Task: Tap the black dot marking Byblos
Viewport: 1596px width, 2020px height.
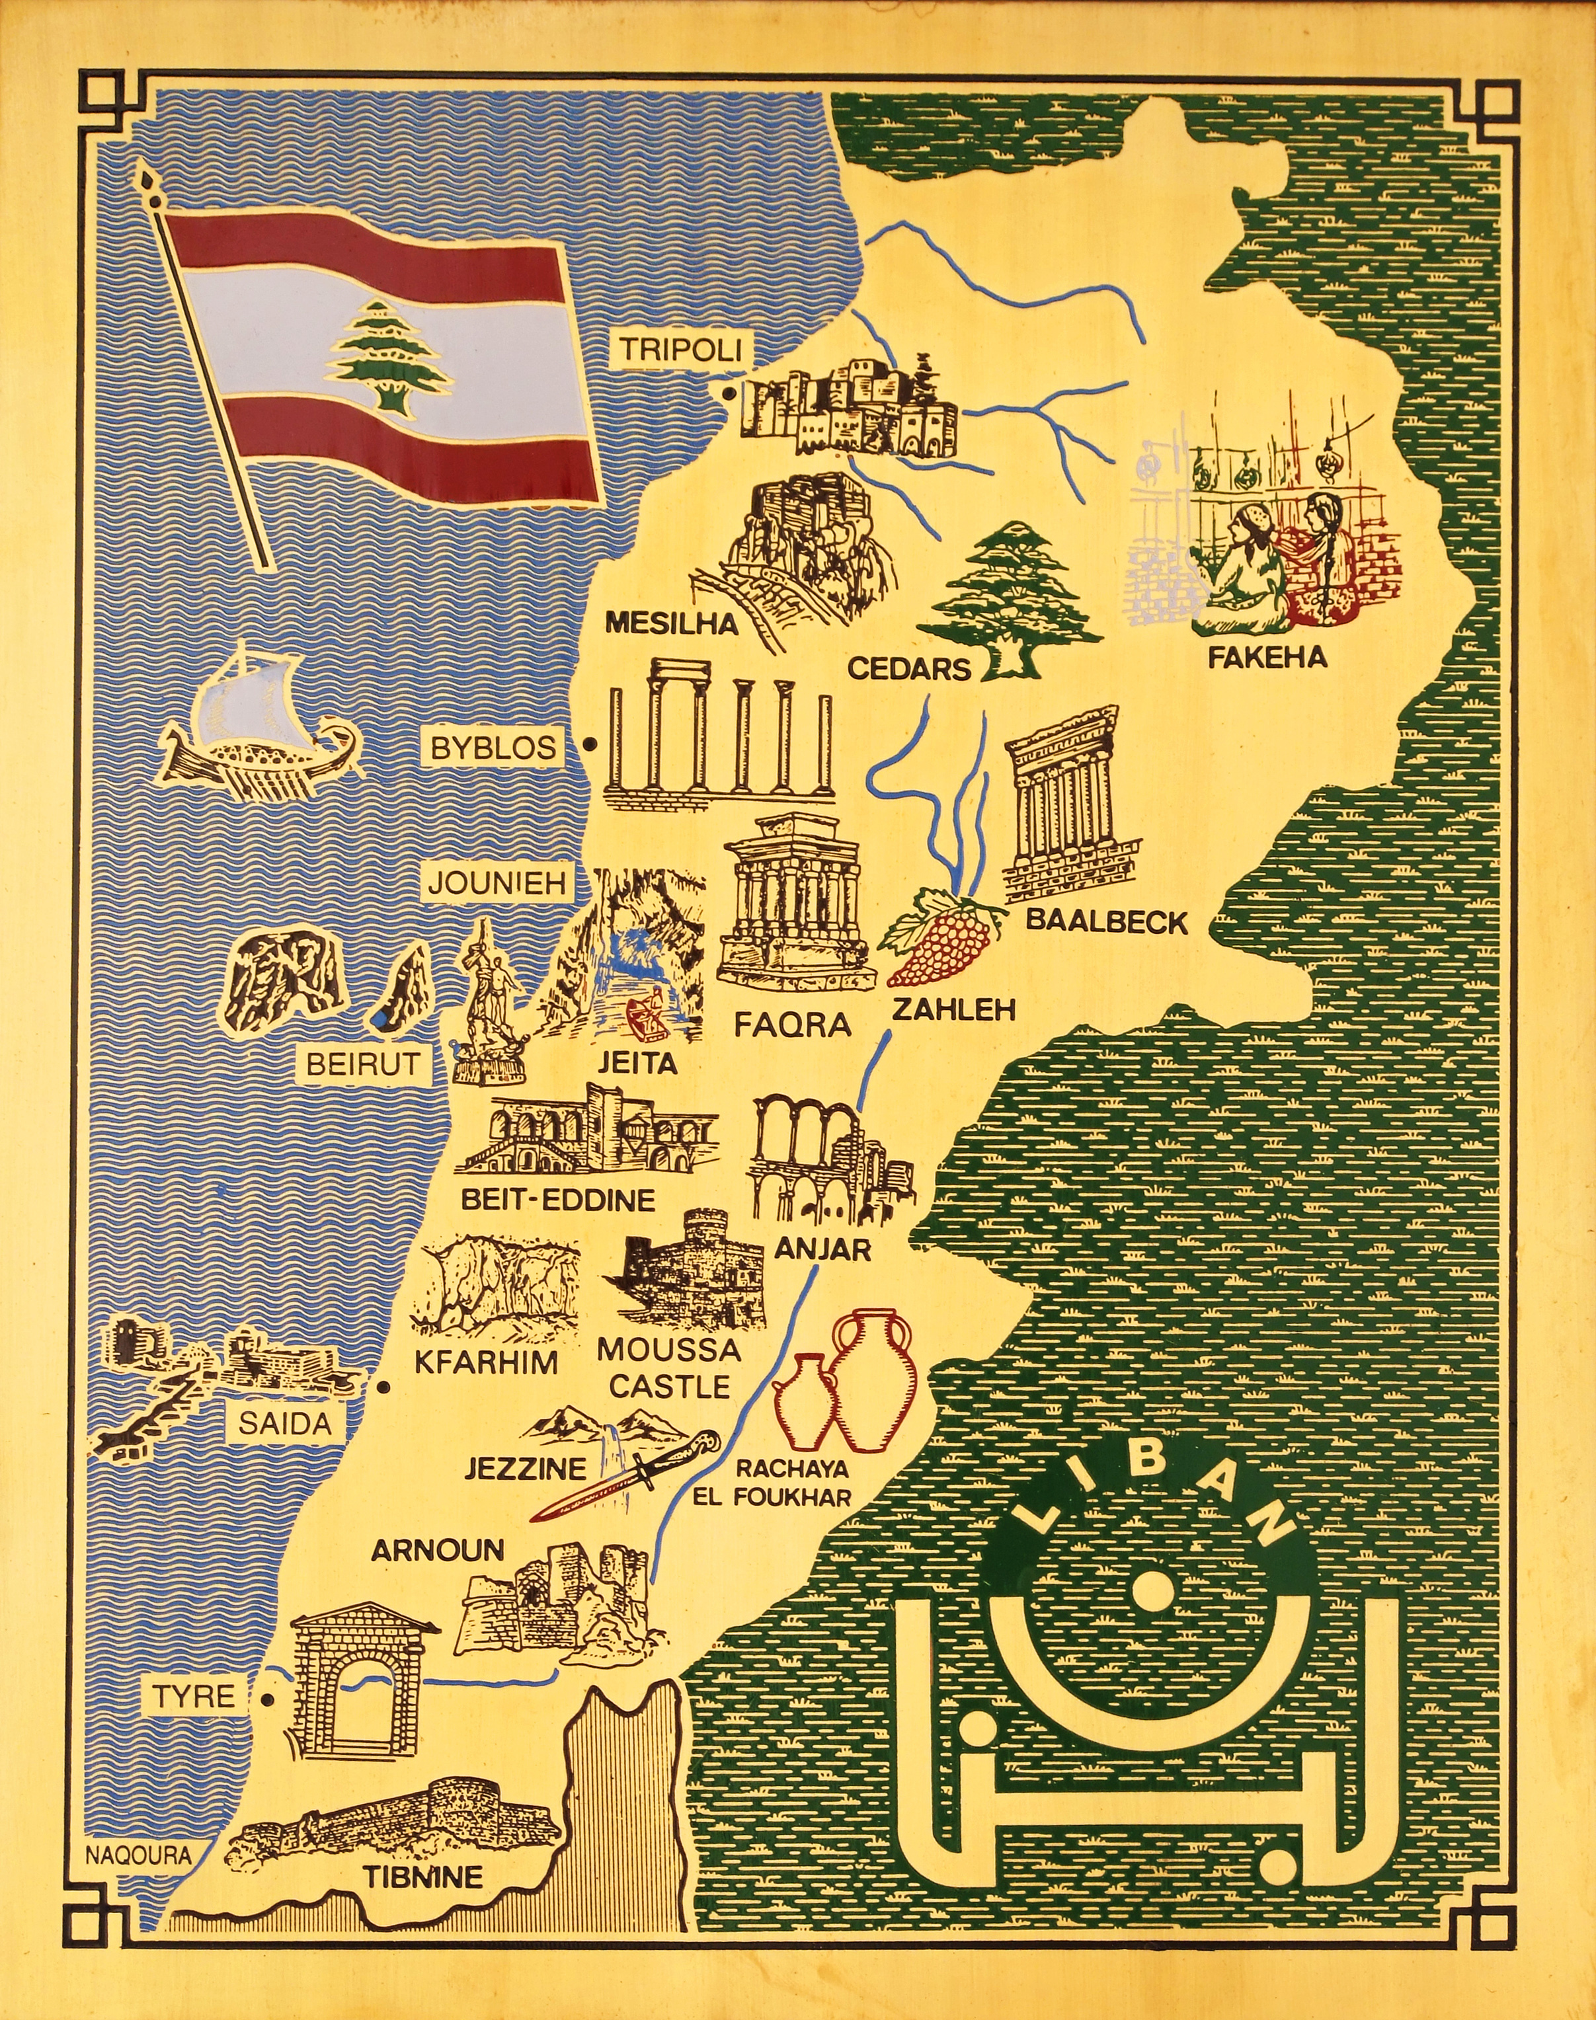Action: point(590,745)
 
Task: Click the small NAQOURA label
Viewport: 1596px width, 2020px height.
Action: point(138,1855)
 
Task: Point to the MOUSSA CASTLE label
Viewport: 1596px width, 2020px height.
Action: point(668,1368)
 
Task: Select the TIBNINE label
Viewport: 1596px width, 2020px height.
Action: point(422,1876)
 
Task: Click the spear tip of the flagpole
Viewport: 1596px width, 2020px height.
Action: point(145,176)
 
